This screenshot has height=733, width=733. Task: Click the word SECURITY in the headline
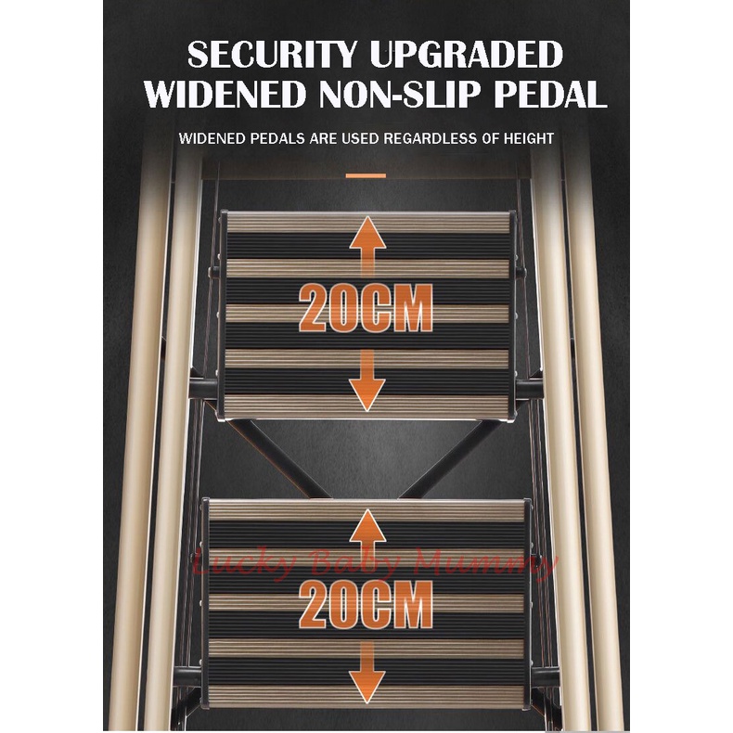coord(272,54)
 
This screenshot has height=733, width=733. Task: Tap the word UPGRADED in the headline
coord(466,54)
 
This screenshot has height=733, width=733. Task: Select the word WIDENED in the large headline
coord(225,95)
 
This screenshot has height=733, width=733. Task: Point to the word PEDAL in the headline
coord(550,95)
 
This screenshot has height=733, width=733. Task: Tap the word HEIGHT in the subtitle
coord(528,138)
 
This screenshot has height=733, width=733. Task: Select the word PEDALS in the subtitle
coord(276,138)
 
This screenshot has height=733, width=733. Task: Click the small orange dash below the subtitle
coord(366,175)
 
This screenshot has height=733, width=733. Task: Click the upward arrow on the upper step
coord(367,248)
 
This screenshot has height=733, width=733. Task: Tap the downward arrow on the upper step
coord(367,379)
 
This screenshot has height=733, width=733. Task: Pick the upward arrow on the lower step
coord(367,542)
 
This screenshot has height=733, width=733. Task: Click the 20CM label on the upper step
coord(366,309)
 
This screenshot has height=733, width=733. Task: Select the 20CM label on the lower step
coord(366,604)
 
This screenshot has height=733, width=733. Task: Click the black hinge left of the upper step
coord(203,389)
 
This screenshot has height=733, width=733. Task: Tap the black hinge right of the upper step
coord(528,389)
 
